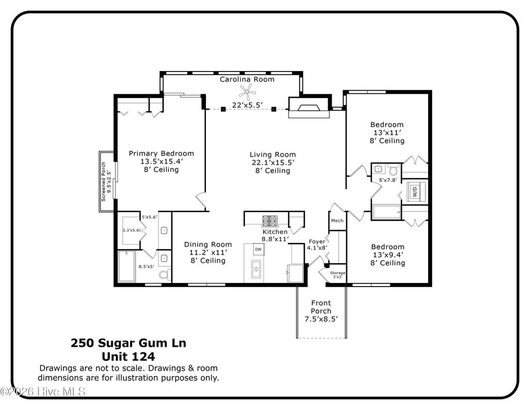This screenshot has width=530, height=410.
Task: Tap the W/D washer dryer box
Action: tap(415, 191)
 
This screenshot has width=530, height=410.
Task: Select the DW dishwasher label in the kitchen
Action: tap(258, 250)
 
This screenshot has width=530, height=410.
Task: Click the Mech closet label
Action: tap(337, 221)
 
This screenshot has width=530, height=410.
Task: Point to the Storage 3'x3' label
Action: tap(337, 275)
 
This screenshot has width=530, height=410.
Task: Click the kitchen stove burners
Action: tap(270, 220)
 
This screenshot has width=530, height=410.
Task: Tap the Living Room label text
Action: tap(273, 154)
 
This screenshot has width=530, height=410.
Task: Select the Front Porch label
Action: tap(321, 307)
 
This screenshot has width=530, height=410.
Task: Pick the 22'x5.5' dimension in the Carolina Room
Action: tap(247, 105)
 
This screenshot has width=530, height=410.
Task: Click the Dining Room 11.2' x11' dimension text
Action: tap(208, 252)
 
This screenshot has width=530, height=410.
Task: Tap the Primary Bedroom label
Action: tap(161, 153)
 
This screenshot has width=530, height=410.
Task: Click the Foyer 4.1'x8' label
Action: tap(317, 245)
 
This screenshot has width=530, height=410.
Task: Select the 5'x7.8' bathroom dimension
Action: tap(387, 180)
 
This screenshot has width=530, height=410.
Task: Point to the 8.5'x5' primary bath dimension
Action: tap(146, 267)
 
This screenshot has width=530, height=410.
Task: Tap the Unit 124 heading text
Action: tap(128, 357)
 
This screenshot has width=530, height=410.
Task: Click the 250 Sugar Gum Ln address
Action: tap(128, 343)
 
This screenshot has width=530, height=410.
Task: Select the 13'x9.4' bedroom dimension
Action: tap(387, 255)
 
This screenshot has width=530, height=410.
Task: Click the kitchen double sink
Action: tap(256, 270)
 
